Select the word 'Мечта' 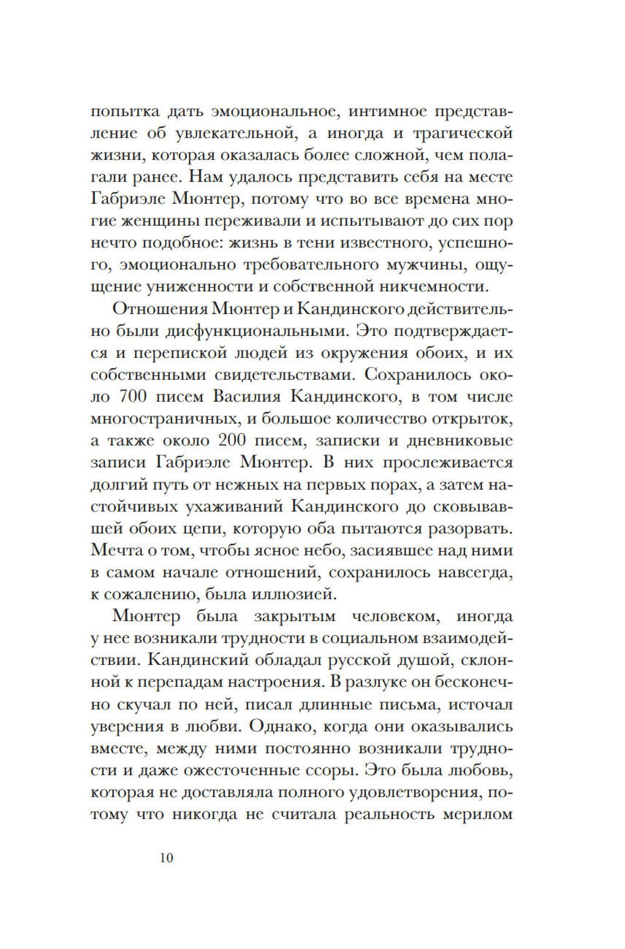pos(114,550)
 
